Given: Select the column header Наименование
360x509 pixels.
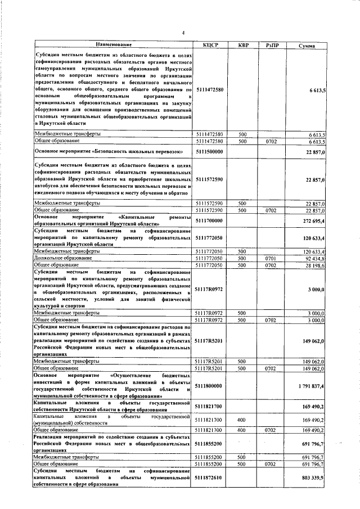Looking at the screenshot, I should click(x=113, y=44).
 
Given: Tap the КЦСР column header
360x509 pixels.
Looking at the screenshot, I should click(x=210, y=44).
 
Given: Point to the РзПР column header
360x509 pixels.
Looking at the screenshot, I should click(x=271, y=44).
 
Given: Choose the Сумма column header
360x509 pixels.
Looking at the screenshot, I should click(x=306, y=44).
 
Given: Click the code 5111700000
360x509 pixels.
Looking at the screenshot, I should click(x=209, y=221).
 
